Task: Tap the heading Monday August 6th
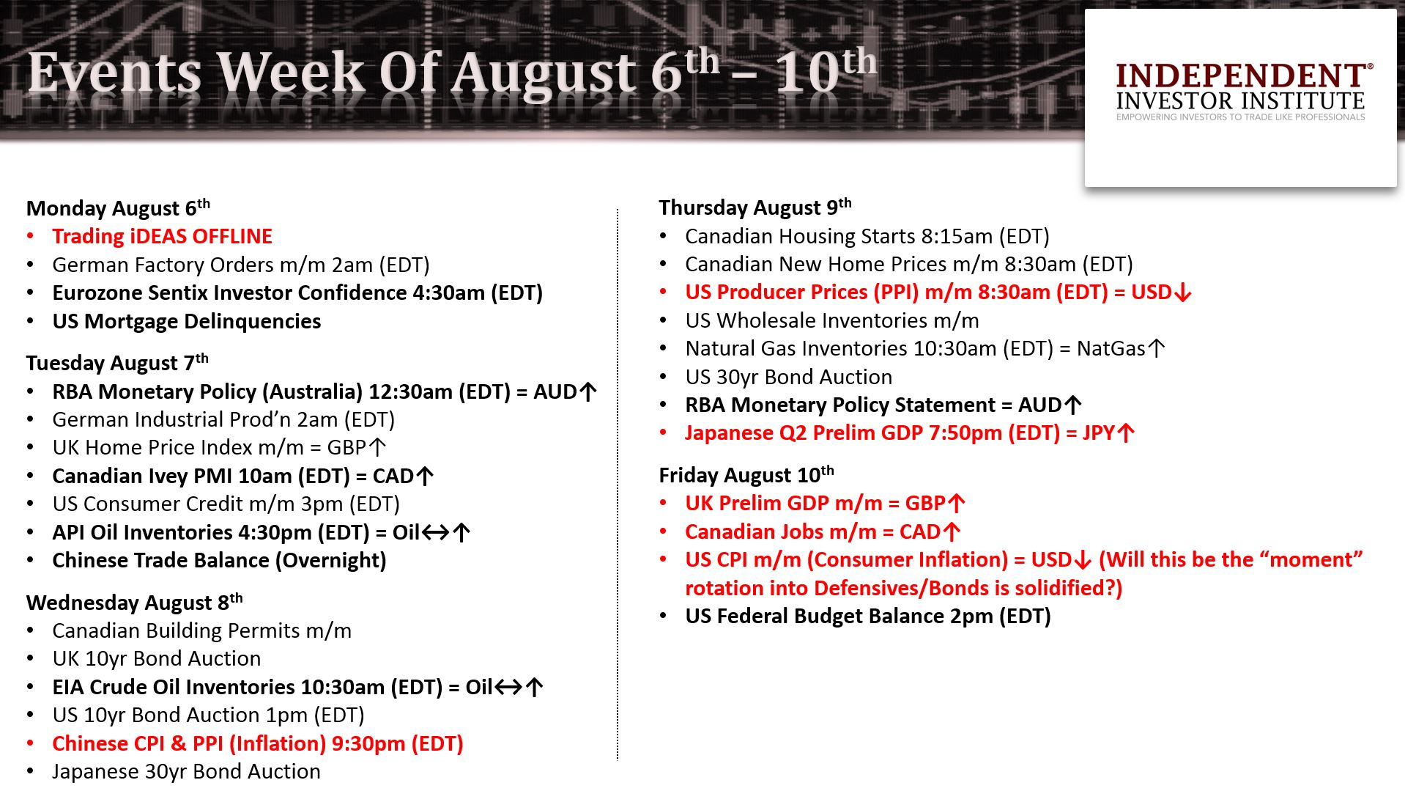coord(119,208)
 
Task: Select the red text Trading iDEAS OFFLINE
coord(162,236)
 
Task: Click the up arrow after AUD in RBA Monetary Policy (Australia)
coord(587,391)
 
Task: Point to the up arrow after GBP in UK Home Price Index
coord(377,447)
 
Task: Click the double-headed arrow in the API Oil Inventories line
coord(436,532)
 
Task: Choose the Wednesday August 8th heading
coord(135,603)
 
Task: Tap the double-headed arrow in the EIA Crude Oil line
coord(508,687)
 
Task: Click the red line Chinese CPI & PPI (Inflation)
coord(258,743)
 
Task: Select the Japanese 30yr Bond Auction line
coord(187,771)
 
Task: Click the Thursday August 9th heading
coord(755,207)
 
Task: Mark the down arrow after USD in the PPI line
coord(1182,293)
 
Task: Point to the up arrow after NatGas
coord(1156,348)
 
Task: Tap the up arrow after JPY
coord(1126,433)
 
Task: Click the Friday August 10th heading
coord(746,475)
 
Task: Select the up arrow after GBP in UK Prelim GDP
coord(956,504)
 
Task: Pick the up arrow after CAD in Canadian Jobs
coord(951,531)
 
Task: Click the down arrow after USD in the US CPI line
coord(1082,560)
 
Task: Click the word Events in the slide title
coord(114,73)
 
